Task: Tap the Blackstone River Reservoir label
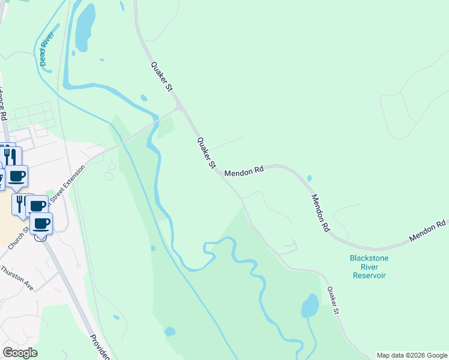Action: tap(369, 266)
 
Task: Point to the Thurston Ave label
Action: tap(17, 279)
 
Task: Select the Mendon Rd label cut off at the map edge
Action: tap(428, 230)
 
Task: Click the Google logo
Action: tap(20, 353)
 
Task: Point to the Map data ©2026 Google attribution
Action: tap(412, 355)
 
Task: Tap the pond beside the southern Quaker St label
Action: tap(310, 306)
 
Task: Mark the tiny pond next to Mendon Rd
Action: tap(309, 178)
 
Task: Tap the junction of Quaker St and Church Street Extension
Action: tap(179, 109)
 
